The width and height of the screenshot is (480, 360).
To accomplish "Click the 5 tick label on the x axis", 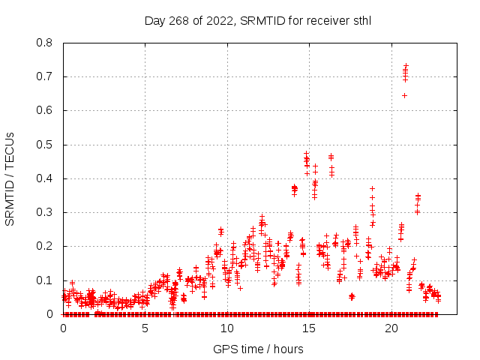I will [145, 328].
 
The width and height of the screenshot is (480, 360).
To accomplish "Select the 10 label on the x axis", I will [227, 328].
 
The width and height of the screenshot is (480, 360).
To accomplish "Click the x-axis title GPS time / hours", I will [258, 349].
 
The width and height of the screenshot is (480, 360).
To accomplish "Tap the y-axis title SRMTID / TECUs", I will [10, 178].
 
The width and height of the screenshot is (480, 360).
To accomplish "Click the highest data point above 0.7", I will [406, 66].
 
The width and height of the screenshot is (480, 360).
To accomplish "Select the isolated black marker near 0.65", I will [404, 95].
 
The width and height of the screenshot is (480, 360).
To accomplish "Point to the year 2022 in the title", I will [220, 20].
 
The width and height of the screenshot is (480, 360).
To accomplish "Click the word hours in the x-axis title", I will [288, 349].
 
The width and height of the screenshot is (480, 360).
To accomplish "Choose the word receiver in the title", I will [322, 20].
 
